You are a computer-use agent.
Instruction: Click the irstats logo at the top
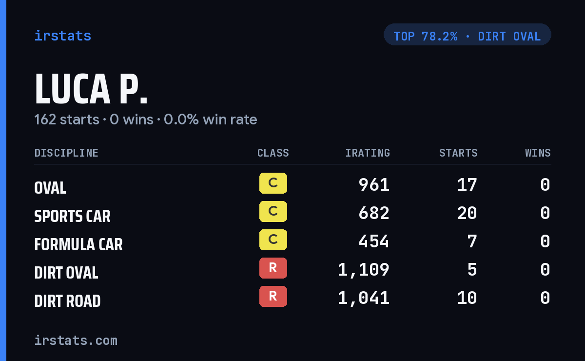[63, 36]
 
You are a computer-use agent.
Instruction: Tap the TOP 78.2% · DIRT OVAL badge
[467, 35]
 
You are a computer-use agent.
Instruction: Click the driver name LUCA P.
[91, 89]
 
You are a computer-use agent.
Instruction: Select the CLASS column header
[273, 153]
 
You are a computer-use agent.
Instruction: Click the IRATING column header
[368, 153]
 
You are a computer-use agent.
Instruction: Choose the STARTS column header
[458, 153]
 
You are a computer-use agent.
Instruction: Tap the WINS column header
[538, 153]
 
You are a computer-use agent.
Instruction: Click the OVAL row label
[50, 188]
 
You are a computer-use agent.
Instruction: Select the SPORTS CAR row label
[72, 216]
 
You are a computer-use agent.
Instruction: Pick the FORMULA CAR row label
[78, 244]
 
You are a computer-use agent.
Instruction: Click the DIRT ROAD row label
[67, 301]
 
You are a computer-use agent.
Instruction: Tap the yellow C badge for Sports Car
[273, 211]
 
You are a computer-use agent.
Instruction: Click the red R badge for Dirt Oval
[273, 268]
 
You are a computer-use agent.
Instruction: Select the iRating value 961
[374, 185]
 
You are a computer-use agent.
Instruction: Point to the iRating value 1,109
[364, 270]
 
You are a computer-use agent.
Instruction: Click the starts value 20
[467, 213]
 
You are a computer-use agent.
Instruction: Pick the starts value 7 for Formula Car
[472, 241]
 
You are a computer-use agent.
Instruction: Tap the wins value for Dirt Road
[546, 298]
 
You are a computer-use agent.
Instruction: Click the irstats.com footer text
[76, 341]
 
